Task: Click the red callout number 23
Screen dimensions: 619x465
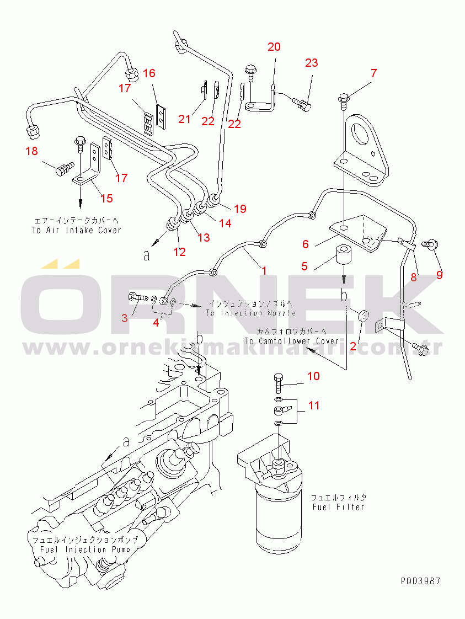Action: pyautogui.click(x=312, y=63)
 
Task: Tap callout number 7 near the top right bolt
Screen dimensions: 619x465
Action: pyautogui.click(x=373, y=73)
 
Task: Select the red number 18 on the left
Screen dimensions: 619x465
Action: pyautogui.click(x=31, y=151)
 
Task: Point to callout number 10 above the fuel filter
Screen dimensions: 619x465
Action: pyautogui.click(x=313, y=376)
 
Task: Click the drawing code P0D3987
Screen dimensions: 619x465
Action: pyautogui.click(x=421, y=580)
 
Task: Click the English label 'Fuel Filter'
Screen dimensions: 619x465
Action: pyautogui.click(x=338, y=506)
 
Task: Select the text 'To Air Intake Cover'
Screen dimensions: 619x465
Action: pyautogui.click(x=76, y=230)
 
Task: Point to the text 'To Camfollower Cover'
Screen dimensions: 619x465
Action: pyautogui.click(x=292, y=341)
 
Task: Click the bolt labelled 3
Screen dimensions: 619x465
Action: pyautogui.click(x=137, y=297)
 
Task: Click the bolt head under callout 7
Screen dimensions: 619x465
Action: pyautogui.click(x=344, y=99)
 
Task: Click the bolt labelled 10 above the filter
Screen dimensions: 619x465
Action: pyautogui.click(x=279, y=382)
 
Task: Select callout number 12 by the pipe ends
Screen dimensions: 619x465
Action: pyautogui.click(x=179, y=252)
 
